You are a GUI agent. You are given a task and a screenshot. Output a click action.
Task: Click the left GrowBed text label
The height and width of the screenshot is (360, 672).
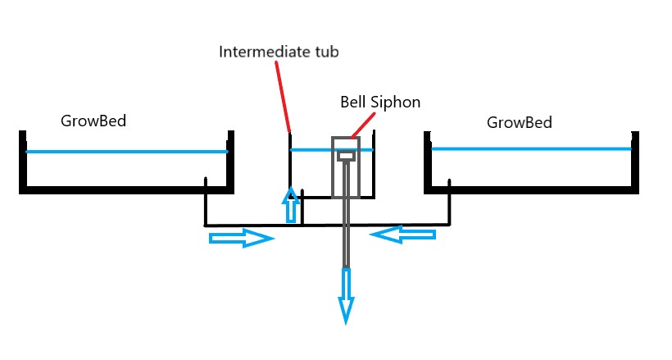pos(93,121)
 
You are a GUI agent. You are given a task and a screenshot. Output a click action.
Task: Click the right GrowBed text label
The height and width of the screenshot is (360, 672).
pos(519,123)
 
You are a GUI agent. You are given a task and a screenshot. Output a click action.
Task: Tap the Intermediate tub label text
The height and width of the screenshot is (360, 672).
pos(279,52)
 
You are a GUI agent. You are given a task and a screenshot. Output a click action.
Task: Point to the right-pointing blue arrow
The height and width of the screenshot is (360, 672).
pos(241,239)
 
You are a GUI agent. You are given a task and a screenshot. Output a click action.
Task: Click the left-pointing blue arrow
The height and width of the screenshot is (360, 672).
pos(402,235)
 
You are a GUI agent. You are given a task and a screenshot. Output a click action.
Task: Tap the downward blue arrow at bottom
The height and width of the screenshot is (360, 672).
pos(347,295)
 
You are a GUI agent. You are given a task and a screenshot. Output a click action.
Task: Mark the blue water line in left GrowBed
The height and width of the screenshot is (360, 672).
pos(126,152)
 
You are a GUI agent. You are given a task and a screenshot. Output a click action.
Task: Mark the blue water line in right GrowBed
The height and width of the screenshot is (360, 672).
pos(531,148)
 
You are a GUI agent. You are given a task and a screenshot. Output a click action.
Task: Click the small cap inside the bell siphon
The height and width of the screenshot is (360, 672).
pos(346,155)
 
